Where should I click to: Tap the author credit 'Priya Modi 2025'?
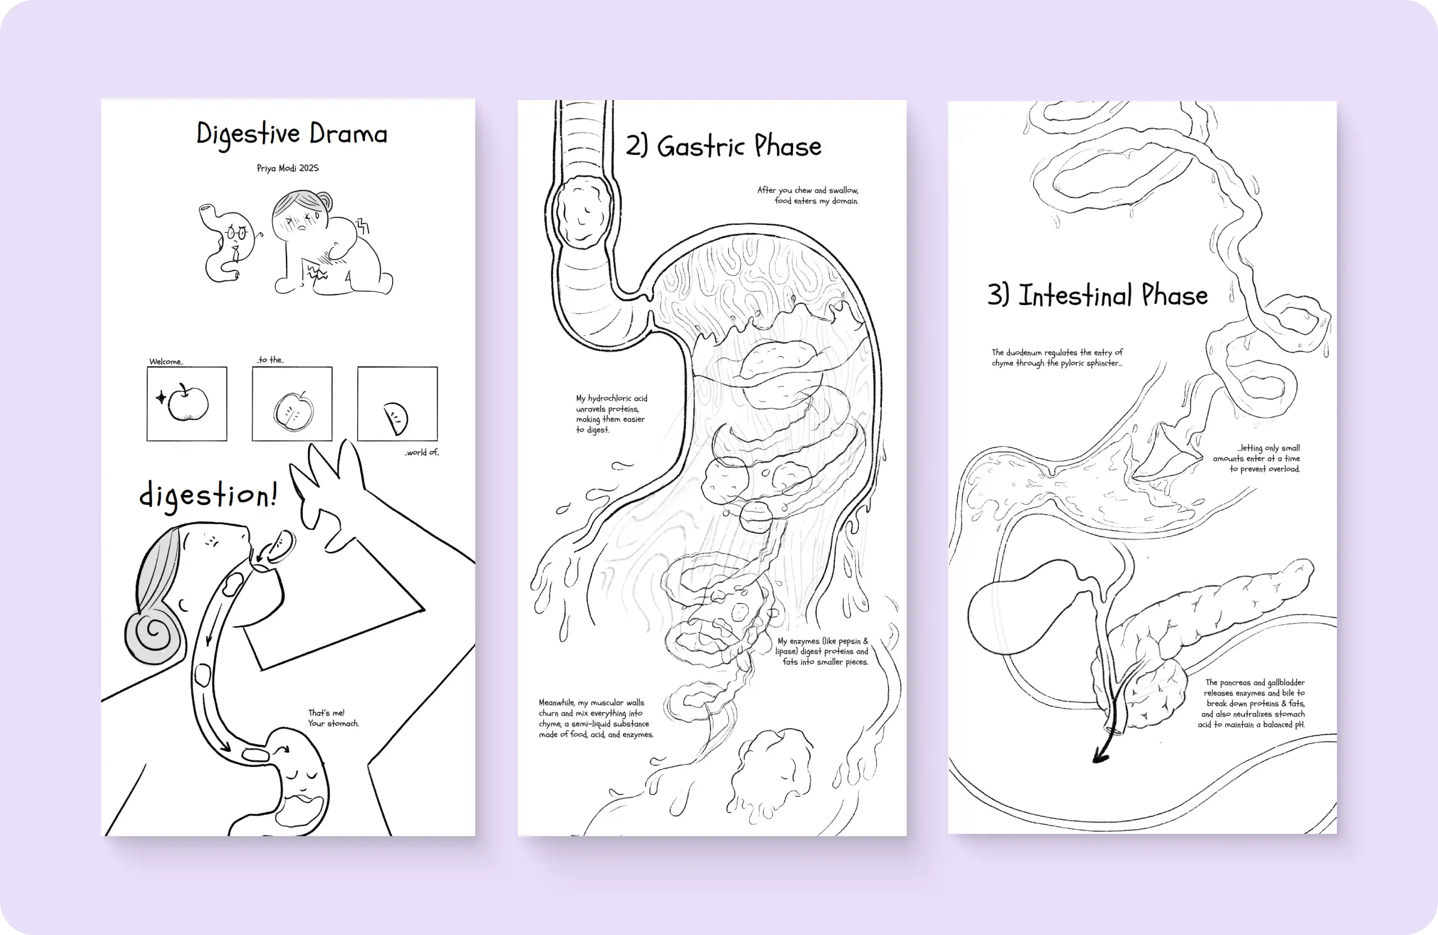click(288, 168)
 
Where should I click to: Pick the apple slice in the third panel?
click(397, 418)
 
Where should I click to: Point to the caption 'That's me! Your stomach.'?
click(334, 718)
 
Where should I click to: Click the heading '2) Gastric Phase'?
click(723, 146)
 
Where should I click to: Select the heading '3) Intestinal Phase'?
click(1098, 295)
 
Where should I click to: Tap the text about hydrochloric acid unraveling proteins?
click(611, 414)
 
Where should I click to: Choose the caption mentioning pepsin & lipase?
click(822, 652)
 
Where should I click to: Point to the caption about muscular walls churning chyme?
click(597, 719)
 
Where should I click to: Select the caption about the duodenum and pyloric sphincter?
click(1057, 357)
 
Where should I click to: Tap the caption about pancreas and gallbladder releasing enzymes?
click(1252, 703)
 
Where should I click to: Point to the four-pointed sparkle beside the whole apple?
click(161, 397)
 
